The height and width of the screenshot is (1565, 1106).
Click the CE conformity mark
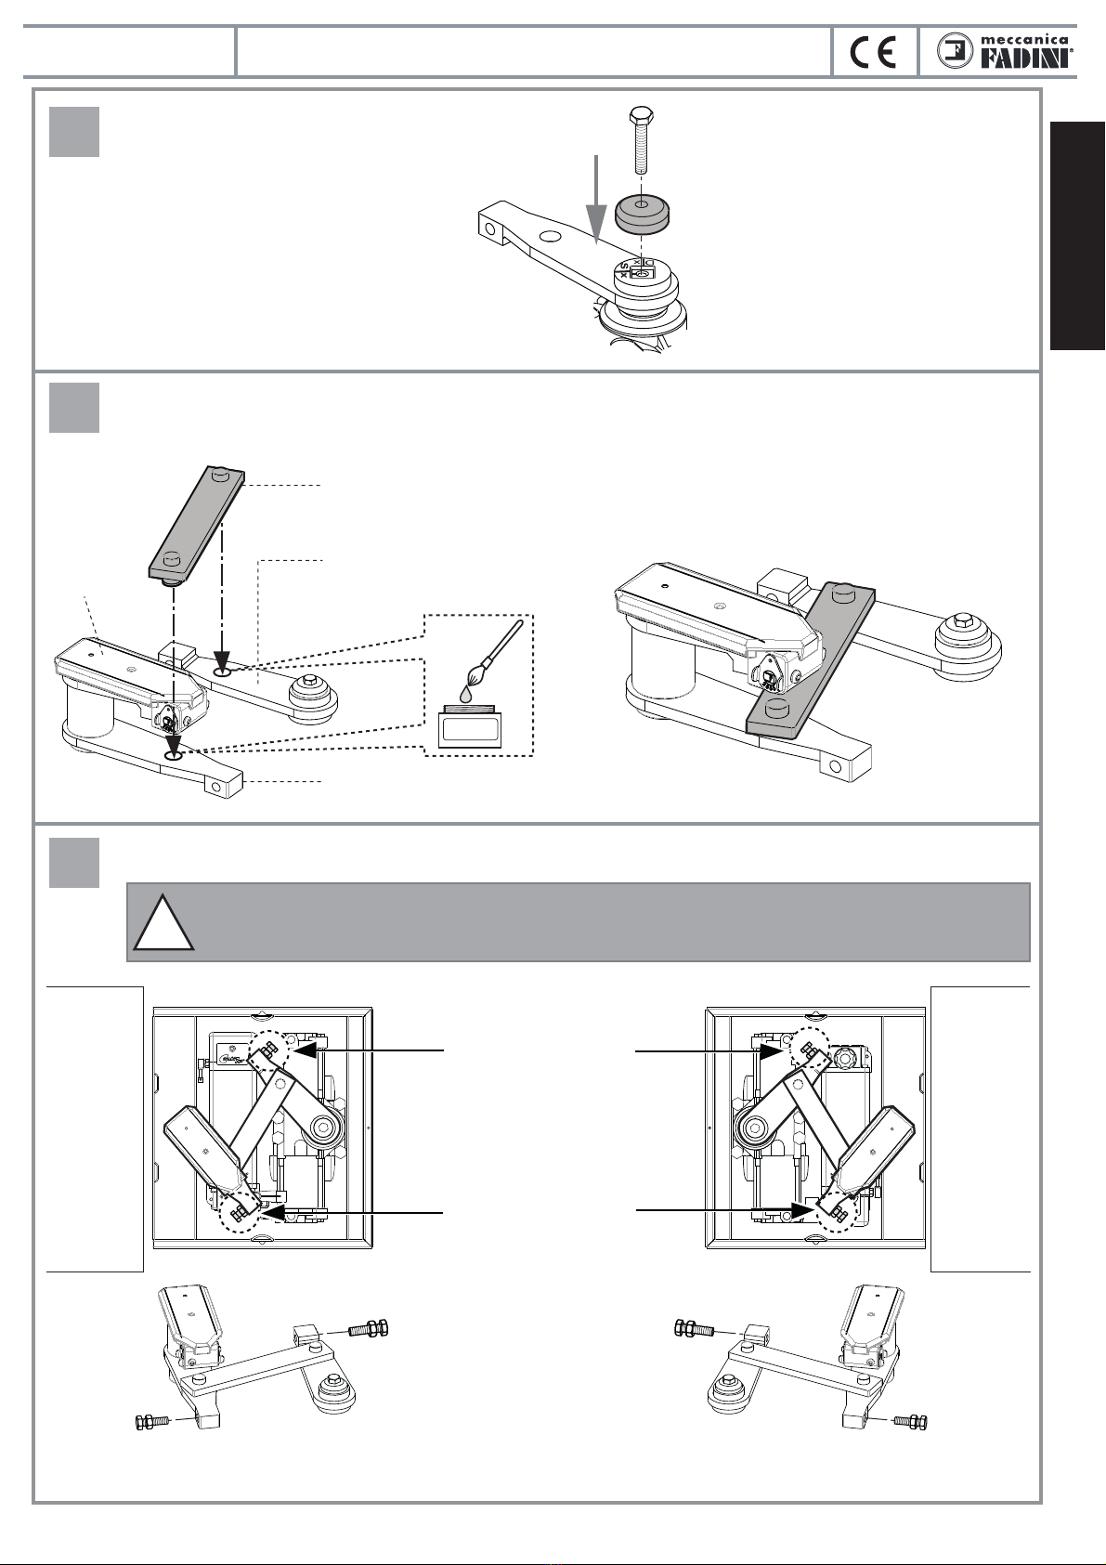coord(873,53)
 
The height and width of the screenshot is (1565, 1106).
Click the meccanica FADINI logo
coord(1005,51)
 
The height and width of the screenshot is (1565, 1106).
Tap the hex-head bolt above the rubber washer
coord(641,139)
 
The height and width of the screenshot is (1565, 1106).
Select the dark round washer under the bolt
coord(642,213)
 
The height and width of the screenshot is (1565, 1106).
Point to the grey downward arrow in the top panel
coord(596,199)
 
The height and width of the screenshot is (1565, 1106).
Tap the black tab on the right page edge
coord(1077,236)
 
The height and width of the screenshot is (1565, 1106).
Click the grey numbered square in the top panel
coord(74,132)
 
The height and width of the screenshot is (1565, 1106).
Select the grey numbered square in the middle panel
coord(74,408)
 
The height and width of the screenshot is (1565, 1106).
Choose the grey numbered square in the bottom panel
coord(74,862)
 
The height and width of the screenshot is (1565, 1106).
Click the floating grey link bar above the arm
coord(197,523)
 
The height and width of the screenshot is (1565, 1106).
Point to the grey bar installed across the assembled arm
coord(811,660)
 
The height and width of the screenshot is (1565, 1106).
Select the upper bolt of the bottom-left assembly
coord(367,1328)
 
